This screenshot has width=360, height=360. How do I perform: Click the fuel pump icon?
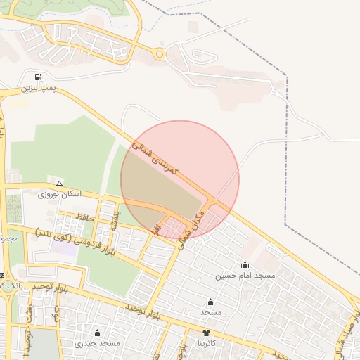pyautogui.click(x=37, y=77)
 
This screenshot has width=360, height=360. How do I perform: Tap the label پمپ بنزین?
pyautogui.click(x=37, y=88)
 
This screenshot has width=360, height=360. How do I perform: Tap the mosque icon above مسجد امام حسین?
pyautogui.click(x=245, y=265)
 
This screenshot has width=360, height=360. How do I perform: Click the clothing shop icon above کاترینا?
pyautogui.click(x=206, y=333)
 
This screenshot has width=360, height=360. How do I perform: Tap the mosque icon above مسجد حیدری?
pyautogui.click(x=97, y=333)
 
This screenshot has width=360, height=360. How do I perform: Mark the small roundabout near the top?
pyautogui.click(x=160, y=53)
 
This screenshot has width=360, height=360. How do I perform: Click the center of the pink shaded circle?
pyautogui.click(x=180, y=179)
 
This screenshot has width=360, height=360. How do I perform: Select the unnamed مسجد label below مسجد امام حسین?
pyautogui.click(x=210, y=311)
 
